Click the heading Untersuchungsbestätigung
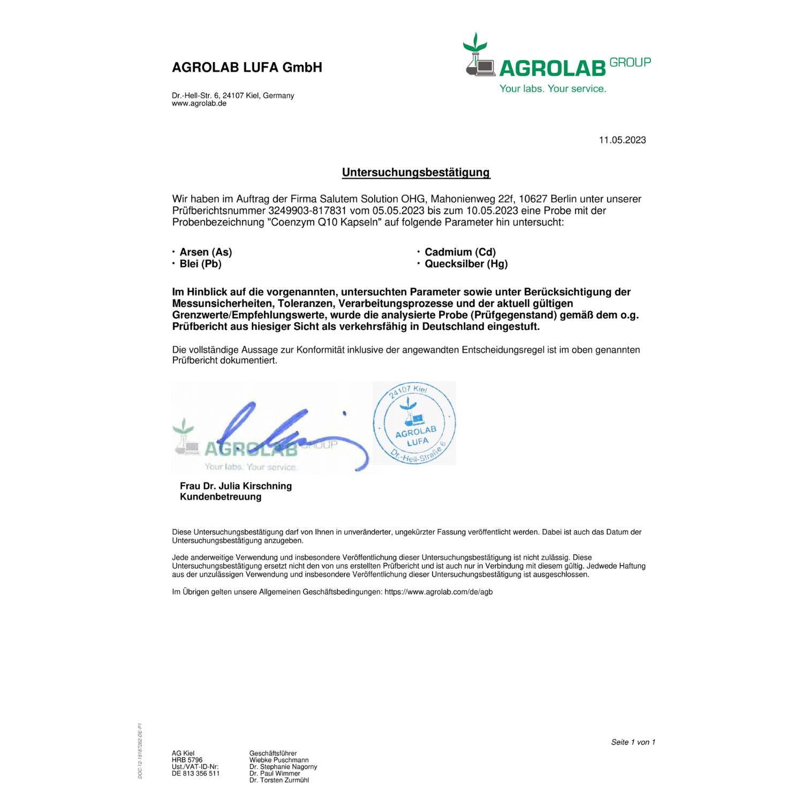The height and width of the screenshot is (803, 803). (416, 172)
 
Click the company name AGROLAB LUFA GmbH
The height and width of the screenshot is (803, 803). (247, 67)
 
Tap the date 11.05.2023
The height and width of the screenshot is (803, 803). (622, 140)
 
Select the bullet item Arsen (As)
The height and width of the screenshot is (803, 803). (206, 252)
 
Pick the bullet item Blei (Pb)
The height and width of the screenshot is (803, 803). (200, 264)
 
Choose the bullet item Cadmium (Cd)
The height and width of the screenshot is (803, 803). (460, 252)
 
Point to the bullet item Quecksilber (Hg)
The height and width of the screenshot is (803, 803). (466, 264)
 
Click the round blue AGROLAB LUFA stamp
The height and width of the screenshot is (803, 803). (414, 423)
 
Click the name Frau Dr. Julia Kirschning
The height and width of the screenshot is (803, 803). (236, 486)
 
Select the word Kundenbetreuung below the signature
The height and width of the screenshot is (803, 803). (221, 497)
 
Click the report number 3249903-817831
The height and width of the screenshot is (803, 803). (307, 211)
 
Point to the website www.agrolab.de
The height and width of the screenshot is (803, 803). (199, 104)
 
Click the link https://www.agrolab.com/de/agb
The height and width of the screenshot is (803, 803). (438, 592)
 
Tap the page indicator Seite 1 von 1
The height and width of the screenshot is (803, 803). (633, 742)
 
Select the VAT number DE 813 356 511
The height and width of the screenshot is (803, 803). (196, 774)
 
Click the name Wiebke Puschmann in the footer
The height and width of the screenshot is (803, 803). (279, 760)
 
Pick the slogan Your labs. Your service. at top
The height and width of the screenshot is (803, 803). (552, 89)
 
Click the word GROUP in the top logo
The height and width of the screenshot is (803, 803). (630, 63)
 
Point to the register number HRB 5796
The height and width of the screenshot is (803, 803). (187, 760)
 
